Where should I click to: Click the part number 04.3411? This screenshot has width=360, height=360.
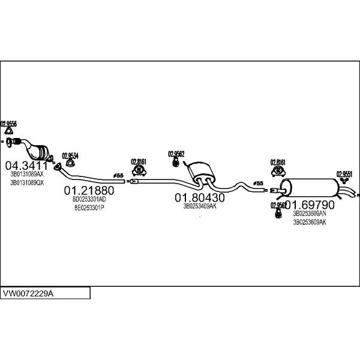tap(26, 165)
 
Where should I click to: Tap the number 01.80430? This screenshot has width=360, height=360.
tap(200, 197)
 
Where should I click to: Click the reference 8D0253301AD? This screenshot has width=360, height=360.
tap(89, 199)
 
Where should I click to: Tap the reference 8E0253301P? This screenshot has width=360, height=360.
tap(89, 208)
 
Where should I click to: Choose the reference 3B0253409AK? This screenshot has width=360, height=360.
tap(200, 206)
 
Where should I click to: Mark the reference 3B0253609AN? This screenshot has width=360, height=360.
tap(310, 213)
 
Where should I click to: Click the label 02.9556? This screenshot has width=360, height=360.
tap(8, 124)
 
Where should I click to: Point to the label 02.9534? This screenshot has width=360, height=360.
tap(70, 155)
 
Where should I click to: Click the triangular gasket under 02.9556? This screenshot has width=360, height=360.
tap(8, 132)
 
